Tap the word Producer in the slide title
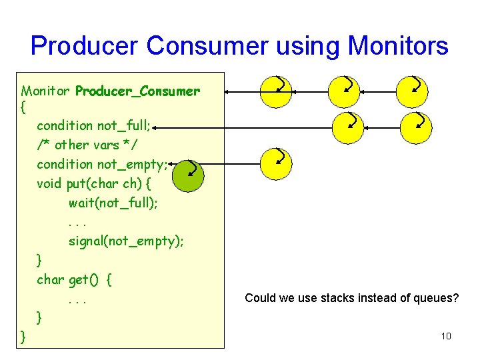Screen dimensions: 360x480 coord(85,46)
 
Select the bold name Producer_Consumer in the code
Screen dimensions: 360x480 coord(137,91)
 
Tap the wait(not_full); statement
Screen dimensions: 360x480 coord(113,203)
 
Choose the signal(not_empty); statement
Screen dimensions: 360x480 coord(126,241)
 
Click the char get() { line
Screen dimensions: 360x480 coord(74,280)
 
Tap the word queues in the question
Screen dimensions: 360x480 coord(436,298)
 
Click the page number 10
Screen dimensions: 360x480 coord(446,336)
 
